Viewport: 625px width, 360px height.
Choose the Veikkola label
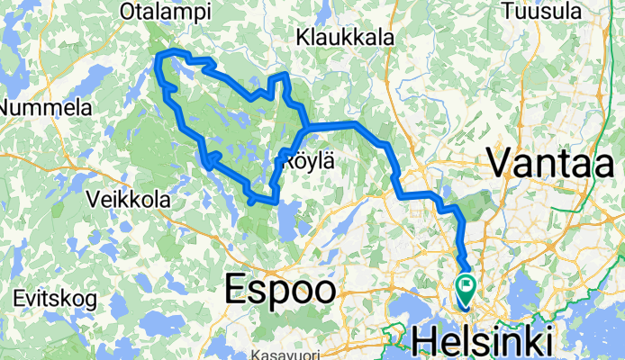128,199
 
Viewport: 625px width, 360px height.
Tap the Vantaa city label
551,163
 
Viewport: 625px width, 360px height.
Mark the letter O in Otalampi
128,12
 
